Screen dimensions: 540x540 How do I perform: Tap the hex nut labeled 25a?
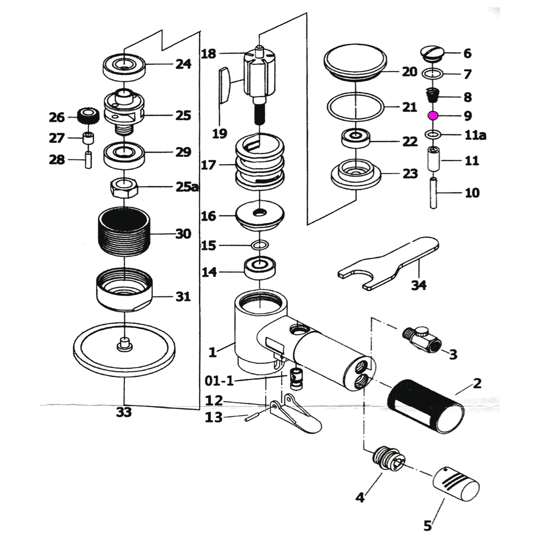click(x=124, y=187)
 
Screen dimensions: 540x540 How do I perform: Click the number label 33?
click(x=123, y=413)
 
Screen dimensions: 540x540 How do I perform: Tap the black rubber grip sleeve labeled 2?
click(x=425, y=409)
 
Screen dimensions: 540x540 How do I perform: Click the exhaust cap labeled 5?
click(x=456, y=487)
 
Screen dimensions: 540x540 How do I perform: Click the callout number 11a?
click(x=475, y=136)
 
